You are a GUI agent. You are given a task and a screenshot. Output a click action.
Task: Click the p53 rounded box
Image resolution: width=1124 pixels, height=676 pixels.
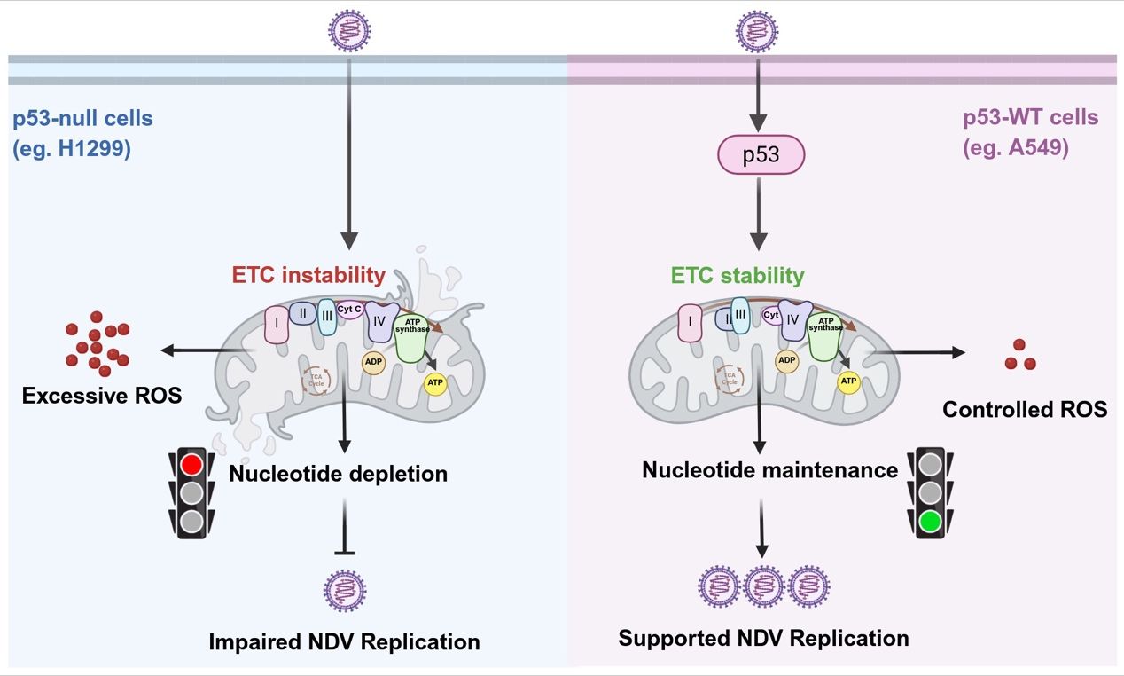tap(761, 155)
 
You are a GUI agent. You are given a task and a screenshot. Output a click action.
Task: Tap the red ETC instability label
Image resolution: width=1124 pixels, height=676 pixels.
tap(308, 275)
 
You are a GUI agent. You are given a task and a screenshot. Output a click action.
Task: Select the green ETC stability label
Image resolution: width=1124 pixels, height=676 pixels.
tap(738, 275)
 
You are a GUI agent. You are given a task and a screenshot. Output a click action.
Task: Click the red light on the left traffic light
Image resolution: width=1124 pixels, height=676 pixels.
tap(191, 464)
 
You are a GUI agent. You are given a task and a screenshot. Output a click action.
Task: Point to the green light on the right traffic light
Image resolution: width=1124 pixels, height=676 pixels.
tap(929, 522)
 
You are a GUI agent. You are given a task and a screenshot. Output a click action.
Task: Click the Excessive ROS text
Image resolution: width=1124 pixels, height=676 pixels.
tap(102, 396)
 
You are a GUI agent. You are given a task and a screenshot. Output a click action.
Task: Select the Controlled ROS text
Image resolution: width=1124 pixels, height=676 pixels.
tap(1025, 409)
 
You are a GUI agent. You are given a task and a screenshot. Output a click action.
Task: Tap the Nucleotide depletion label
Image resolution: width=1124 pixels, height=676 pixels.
tap(338, 474)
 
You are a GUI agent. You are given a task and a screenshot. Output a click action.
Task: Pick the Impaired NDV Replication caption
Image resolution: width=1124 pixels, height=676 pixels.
tap(344, 641)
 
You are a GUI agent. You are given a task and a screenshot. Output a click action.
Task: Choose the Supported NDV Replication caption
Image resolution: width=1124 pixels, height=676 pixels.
tap(763, 638)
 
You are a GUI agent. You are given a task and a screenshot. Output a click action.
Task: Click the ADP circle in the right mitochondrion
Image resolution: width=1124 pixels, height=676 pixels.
tap(786, 360)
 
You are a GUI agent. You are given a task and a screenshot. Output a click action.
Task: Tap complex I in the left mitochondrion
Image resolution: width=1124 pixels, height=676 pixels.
tap(277, 325)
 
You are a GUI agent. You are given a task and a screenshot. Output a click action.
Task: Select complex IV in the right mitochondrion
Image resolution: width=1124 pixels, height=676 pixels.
tap(794, 319)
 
